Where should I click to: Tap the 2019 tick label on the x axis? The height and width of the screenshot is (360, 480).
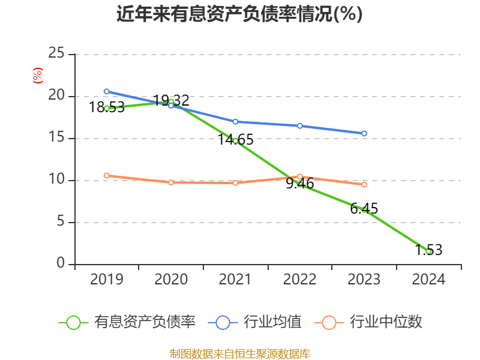pyautogui.click(x=107, y=280)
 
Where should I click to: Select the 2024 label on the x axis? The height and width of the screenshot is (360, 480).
pyautogui.click(x=428, y=280)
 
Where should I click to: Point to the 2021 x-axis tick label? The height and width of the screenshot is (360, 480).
pyautogui.click(x=235, y=280)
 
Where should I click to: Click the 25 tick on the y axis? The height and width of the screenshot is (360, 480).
pyautogui.click(x=56, y=54)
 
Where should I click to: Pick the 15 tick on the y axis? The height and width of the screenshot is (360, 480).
pyautogui.click(x=56, y=138)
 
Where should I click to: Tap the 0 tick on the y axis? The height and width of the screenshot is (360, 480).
pyautogui.click(x=61, y=264)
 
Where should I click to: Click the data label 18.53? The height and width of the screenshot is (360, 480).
pyautogui.click(x=107, y=107)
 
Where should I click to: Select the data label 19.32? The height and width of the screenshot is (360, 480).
pyautogui.click(x=172, y=100)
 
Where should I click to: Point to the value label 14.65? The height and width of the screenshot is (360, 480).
pyautogui.click(x=236, y=140)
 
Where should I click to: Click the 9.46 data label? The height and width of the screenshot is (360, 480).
pyautogui.click(x=300, y=184)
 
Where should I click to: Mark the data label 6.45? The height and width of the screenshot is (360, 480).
pyautogui.click(x=364, y=209)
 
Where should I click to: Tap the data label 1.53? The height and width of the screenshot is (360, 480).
pyautogui.click(x=428, y=250)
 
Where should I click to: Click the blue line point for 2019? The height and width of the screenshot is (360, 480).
pyautogui.click(x=107, y=91)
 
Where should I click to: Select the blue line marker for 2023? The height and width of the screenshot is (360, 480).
pyautogui.click(x=364, y=133)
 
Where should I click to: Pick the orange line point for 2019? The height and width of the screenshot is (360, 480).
pyautogui.click(x=107, y=176)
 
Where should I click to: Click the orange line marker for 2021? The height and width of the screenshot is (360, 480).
pyautogui.click(x=236, y=182)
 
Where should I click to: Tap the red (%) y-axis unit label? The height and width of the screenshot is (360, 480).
pyautogui.click(x=38, y=76)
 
